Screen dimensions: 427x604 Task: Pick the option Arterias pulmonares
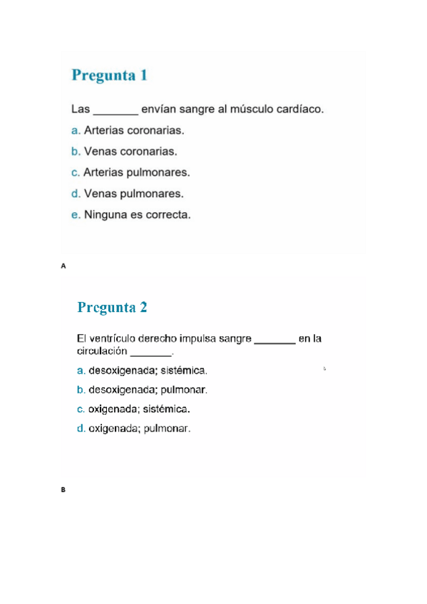[x=136, y=172]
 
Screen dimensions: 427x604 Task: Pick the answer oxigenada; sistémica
[x=139, y=409]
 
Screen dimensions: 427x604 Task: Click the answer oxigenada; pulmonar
[x=139, y=429]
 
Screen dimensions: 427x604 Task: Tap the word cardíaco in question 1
[x=304, y=110]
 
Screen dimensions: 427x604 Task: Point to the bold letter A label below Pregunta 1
[x=63, y=266]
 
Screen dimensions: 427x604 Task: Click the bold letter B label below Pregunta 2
[x=63, y=490]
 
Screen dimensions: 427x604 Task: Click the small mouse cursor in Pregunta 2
[x=324, y=368]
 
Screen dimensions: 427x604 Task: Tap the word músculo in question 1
[x=261, y=110]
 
